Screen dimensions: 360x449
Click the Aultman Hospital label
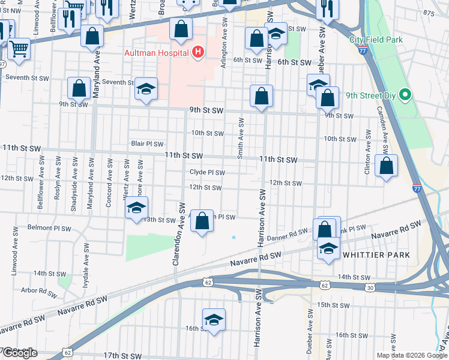(x=157, y=53)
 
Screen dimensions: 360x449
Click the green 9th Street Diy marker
(x=405, y=95)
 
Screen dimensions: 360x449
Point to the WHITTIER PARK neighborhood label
(x=376, y=255)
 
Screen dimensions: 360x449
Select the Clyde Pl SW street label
(x=207, y=173)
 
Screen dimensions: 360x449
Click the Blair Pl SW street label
(x=147, y=144)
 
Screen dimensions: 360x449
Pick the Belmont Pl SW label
(x=49, y=229)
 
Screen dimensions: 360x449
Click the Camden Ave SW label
(x=384, y=145)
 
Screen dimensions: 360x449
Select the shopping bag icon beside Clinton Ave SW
(x=386, y=166)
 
